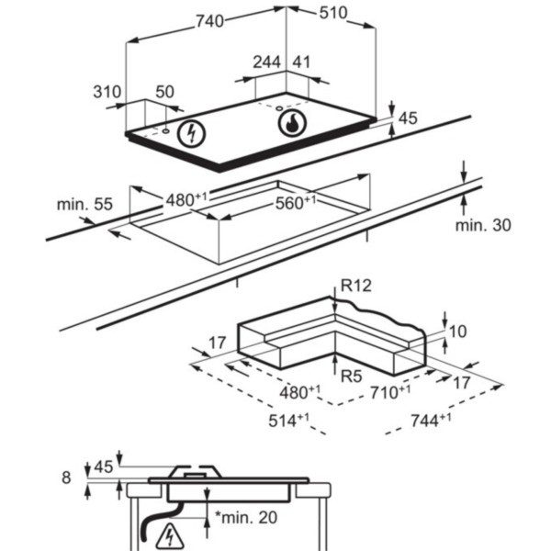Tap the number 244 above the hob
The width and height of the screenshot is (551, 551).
tap(267, 62)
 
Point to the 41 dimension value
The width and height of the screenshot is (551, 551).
tap(301, 62)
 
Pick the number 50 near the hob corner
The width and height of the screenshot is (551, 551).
tap(164, 92)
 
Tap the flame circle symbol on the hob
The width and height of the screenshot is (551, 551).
tap(290, 124)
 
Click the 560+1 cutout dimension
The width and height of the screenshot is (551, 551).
tap(296, 203)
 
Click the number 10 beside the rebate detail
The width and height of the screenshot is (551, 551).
tap(459, 331)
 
